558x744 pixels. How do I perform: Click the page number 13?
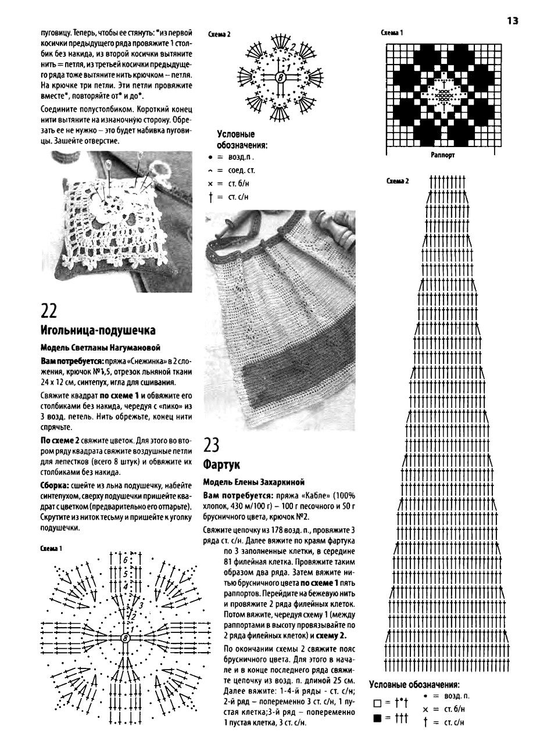(512, 21)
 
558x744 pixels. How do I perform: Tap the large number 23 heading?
(212, 446)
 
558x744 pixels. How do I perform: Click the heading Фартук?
(221, 465)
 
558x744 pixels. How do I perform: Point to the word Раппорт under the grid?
(443, 155)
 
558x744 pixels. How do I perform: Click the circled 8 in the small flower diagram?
(280, 76)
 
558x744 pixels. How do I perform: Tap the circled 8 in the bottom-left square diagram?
(125, 639)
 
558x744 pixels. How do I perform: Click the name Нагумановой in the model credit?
(133, 348)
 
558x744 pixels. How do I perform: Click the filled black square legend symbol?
(378, 719)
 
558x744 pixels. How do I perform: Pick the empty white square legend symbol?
(378, 704)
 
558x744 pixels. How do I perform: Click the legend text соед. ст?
(241, 170)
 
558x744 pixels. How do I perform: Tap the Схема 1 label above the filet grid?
(392, 33)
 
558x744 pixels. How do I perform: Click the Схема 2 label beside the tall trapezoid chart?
(398, 181)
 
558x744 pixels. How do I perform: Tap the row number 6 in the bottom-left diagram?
(124, 559)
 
